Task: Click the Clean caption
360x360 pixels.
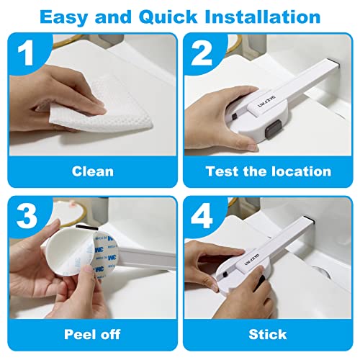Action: coord(92,171)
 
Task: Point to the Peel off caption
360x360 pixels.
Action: coord(92,334)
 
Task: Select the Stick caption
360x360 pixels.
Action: coord(267,334)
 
